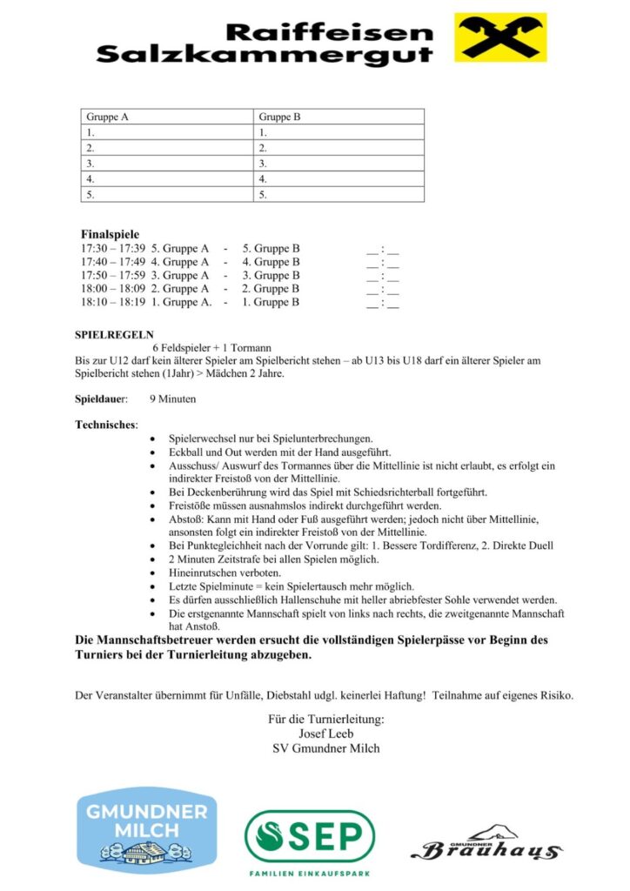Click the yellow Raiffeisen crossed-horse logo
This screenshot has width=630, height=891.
tap(500, 37)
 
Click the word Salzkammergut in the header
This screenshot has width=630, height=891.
tap(265, 55)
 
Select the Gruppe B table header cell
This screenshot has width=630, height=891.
tap(339, 117)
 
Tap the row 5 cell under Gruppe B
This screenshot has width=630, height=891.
tap(339, 195)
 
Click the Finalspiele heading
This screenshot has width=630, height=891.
tap(110, 234)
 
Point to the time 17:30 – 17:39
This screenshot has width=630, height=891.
tap(112, 249)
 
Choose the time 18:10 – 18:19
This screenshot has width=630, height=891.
tap(112, 303)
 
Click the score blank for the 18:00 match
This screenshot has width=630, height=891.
tap(383, 289)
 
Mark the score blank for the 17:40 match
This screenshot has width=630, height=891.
tap(383, 262)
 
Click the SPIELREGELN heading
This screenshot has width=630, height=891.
tap(114, 333)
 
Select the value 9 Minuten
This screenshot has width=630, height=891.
tap(172, 399)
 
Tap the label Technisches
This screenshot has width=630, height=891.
tap(106, 425)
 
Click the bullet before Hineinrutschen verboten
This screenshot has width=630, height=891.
tap(154, 573)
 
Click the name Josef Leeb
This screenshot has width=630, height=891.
tap(326, 733)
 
